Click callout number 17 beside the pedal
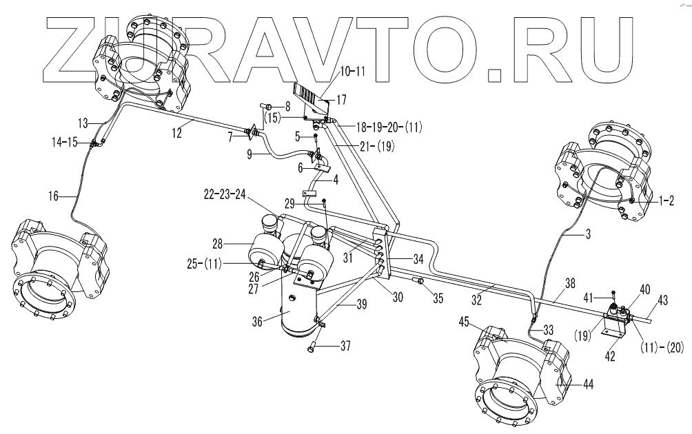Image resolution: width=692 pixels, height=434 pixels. [x=340, y=99]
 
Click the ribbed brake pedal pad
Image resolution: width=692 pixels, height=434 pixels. [x=311, y=92]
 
